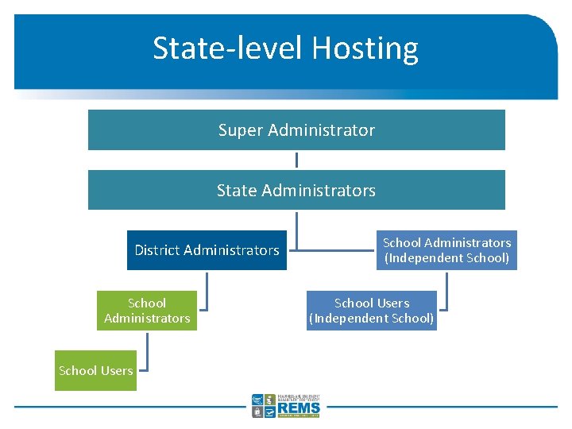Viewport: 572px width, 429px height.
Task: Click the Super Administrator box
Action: click(x=296, y=129)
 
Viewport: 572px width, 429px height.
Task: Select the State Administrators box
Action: click(x=296, y=190)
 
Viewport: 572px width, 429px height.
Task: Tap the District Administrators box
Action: click(x=207, y=250)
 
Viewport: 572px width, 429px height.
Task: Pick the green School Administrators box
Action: click(x=147, y=311)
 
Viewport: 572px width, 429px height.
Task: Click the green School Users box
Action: click(x=95, y=371)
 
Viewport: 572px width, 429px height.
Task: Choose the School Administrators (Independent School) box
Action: click(x=446, y=250)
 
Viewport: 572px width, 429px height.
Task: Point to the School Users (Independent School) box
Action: click(x=372, y=311)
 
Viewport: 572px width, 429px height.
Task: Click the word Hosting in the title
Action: click(x=365, y=48)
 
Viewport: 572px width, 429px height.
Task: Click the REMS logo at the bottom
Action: click(x=286, y=406)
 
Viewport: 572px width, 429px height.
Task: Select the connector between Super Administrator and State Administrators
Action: click(x=296, y=160)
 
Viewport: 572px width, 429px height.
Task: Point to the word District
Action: click(x=157, y=250)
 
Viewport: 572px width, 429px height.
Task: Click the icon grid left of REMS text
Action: click(x=263, y=406)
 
